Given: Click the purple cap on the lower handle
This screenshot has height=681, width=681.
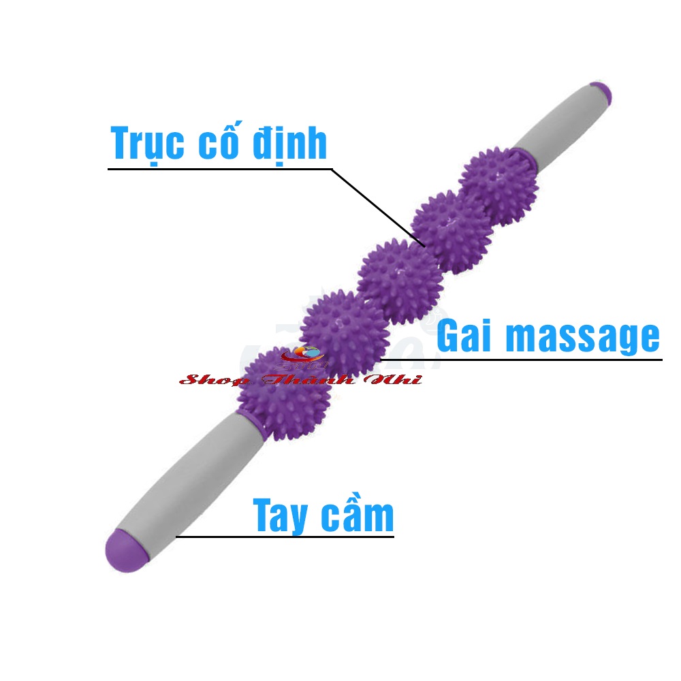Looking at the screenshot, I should (126, 545).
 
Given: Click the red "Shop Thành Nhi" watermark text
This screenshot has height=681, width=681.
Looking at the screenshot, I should (300, 379).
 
